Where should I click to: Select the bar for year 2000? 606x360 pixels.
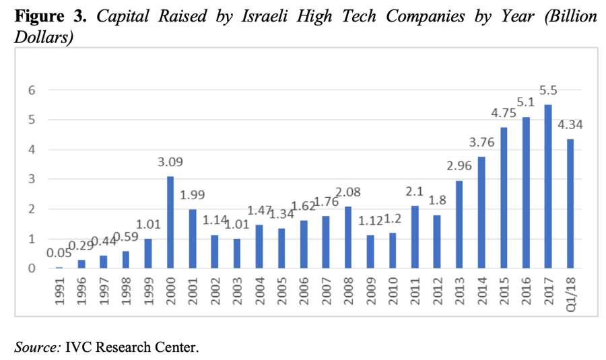point(170,222)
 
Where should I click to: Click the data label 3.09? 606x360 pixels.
point(170,162)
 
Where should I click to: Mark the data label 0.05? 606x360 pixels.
point(59,253)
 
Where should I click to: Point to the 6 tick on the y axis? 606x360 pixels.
point(32,90)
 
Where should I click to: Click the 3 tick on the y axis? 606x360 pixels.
point(32,179)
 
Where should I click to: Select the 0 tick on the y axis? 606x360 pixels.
point(32,268)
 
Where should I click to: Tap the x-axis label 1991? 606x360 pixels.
point(59,291)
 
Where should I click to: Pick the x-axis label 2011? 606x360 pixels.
point(414,291)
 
